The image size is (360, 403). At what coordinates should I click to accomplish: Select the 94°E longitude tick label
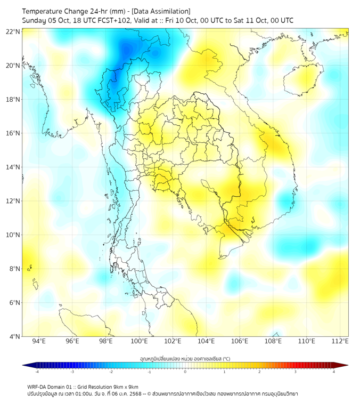39,341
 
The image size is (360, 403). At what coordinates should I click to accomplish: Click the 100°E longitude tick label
140,341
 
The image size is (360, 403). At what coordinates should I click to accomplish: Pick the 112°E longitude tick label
340,341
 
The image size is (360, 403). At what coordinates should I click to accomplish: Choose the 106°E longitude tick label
240,341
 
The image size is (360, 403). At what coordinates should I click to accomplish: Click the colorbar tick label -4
36,372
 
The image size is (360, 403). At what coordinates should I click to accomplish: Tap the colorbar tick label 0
185,372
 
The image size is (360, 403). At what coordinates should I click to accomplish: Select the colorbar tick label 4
334,372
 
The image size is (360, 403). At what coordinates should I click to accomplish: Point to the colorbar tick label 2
260,372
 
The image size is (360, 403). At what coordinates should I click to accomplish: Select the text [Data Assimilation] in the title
160,11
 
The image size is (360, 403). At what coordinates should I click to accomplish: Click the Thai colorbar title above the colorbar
185,358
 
